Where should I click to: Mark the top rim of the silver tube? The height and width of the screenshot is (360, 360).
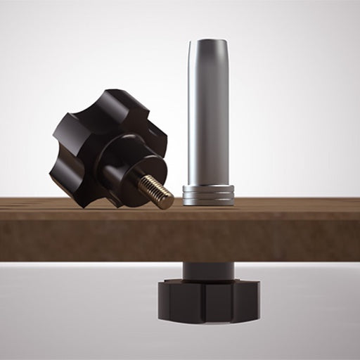pos(208,42)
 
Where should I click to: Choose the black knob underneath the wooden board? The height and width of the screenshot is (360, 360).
pos(207,299)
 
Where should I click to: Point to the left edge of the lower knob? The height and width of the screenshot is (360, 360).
pos(158,299)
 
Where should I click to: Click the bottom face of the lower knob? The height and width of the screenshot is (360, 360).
pos(207,320)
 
